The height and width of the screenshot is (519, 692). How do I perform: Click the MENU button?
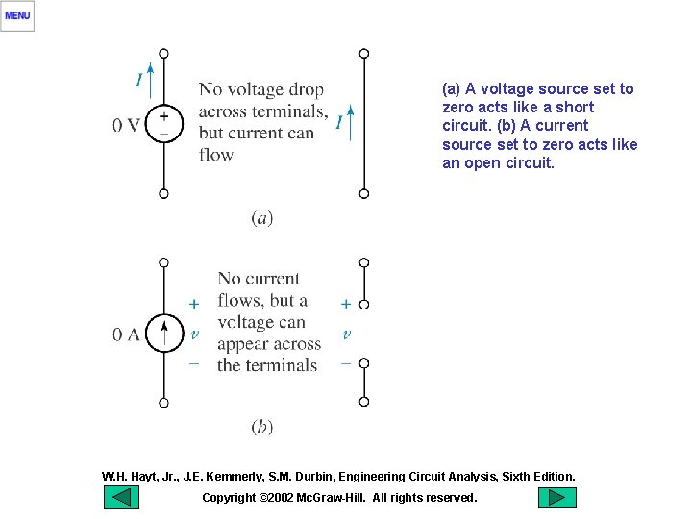click(x=17, y=15)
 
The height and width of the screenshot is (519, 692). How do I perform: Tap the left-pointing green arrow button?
click(x=121, y=498)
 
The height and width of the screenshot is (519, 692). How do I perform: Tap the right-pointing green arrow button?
click(x=556, y=498)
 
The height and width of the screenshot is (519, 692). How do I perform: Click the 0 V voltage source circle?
click(x=163, y=124)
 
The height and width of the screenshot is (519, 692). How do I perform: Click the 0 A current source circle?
click(x=163, y=333)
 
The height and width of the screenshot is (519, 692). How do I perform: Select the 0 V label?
click(x=126, y=125)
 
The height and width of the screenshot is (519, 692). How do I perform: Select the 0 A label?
click(x=126, y=334)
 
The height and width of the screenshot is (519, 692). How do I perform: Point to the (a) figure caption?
click(x=261, y=218)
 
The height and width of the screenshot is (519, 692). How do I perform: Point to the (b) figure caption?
click(x=261, y=427)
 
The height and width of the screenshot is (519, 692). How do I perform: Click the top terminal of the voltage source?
click(x=163, y=53)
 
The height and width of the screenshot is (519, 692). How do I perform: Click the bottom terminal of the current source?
click(x=163, y=403)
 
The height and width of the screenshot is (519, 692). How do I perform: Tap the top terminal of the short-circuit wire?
click(x=363, y=53)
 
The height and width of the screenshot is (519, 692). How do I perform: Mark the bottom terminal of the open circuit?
click(x=363, y=402)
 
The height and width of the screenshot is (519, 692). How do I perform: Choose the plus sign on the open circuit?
click(x=345, y=304)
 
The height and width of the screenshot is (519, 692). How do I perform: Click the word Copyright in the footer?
click(x=229, y=498)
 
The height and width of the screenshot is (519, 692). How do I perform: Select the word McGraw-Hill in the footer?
click(x=333, y=498)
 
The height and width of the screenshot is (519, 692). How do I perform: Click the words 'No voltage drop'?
click(x=260, y=89)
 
